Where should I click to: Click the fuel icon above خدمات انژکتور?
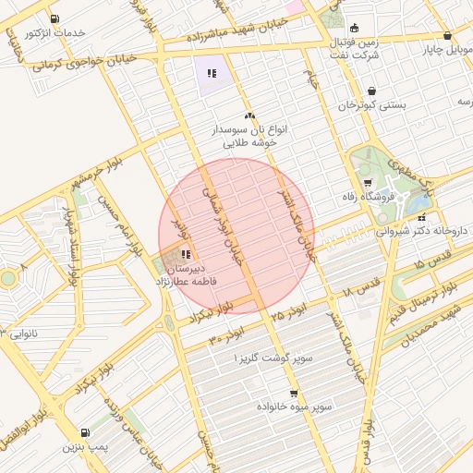55,18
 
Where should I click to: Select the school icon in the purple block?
212,73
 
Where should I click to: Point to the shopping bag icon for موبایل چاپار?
447,36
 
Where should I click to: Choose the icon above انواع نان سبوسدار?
249,115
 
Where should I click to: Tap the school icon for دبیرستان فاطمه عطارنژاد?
186,254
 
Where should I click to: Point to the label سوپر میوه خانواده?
321,405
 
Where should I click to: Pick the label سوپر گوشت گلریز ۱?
274,357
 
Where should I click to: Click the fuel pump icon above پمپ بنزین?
86,431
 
